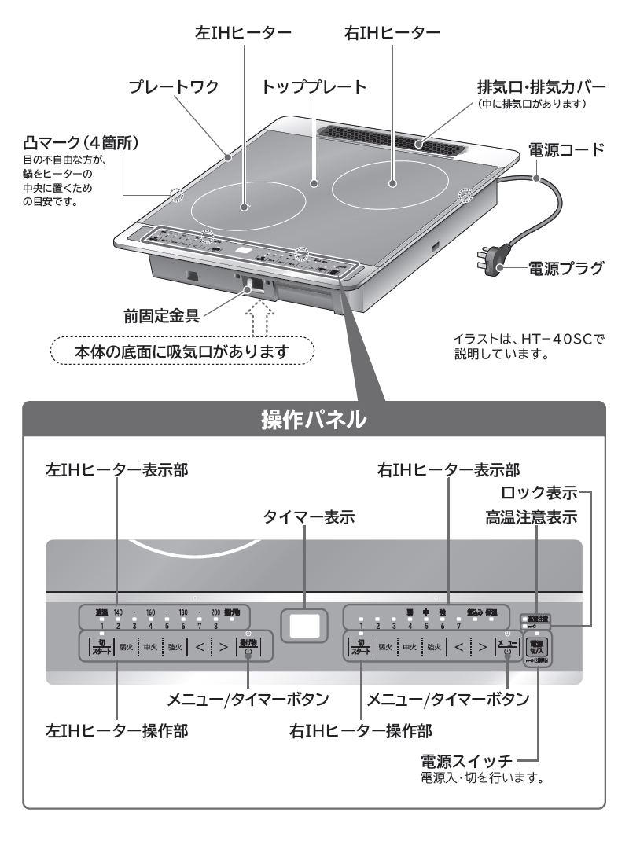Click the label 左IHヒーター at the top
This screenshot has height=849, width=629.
click(244, 33)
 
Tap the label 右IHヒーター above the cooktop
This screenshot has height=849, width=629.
click(392, 33)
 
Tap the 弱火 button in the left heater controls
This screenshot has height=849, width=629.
click(126, 649)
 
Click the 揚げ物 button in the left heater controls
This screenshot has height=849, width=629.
click(248, 648)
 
